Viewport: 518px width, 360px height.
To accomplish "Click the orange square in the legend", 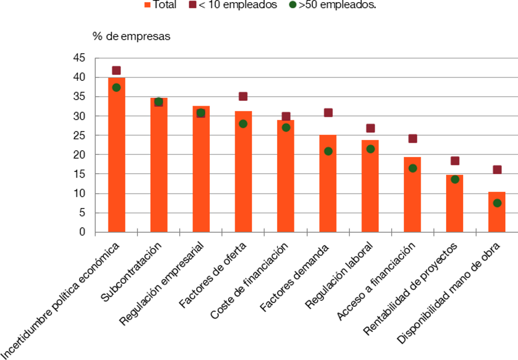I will pos(147,4).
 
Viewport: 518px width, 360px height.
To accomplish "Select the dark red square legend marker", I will pos(193,4).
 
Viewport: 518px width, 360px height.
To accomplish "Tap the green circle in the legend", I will pos(293,4).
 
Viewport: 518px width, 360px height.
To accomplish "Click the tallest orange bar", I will pos(116,155).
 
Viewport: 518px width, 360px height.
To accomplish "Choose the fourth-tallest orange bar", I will pos(244,171).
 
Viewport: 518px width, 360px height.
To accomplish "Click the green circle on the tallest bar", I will pos(116,87).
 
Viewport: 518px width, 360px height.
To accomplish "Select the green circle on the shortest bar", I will pos(497,203).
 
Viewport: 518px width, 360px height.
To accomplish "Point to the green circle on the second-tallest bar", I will pos(159,102).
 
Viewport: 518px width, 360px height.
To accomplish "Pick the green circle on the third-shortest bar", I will pos(413,168).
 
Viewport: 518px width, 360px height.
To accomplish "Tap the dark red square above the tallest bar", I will pos(116,70).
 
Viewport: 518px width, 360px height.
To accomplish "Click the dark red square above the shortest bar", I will pos(497,169).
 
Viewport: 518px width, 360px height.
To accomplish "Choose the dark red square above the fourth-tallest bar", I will pos(244,96).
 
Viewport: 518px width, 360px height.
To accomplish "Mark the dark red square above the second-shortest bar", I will pos(455,160).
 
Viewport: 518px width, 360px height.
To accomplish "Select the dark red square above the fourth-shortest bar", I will pos(370,128).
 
